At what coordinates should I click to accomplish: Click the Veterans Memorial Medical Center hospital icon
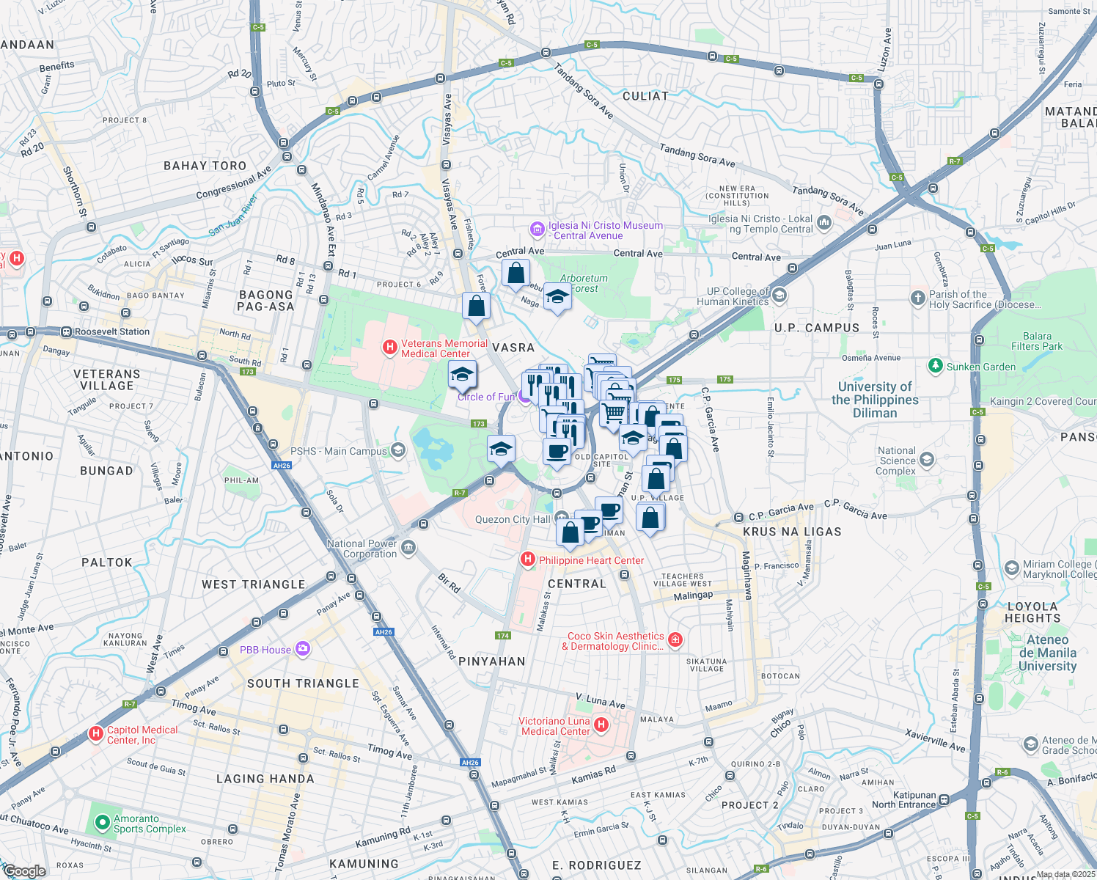pos(390,347)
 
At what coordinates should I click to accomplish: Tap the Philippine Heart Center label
pos(591,560)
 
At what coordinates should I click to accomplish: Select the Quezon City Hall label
pos(512,519)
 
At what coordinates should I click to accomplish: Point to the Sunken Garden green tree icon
pos(935,365)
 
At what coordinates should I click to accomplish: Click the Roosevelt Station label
pos(112,331)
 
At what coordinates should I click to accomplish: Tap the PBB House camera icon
pos(303,649)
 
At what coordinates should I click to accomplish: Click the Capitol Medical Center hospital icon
pos(95,733)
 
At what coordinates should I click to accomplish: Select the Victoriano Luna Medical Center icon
pos(601,725)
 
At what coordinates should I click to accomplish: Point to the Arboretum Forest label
pos(584,283)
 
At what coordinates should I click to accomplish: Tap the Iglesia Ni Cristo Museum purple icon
pos(538,230)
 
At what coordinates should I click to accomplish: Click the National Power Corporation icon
pos(408,548)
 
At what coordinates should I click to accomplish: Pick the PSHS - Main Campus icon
pos(398,450)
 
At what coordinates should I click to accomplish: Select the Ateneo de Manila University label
pos(1047,653)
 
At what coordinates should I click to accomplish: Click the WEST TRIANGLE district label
pos(253,584)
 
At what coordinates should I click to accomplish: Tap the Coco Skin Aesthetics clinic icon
pos(675,640)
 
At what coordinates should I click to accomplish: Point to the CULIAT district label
pos(645,96)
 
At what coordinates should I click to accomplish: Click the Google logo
pos(24,870)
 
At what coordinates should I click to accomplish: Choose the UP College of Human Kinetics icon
pos(779,295)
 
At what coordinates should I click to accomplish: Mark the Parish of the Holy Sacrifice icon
pos(917,298)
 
